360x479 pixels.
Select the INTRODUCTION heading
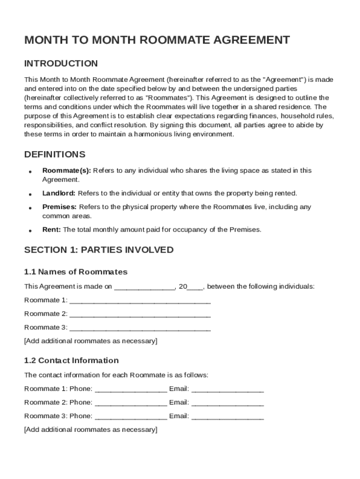pyautogui.click(x=61, y=64)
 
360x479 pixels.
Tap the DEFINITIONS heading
pyautogui.click(x=55, y=154)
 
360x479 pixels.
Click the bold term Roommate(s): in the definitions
pyautogui.click(x=66, y=171)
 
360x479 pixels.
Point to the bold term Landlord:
pyautogui.click(x=59, y=193)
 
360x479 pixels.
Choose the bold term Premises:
pyautogui.click(x=59, y=207)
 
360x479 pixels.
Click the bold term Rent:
pyautogui.click(x=51, y=230)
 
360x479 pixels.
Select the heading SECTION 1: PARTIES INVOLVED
pyautogui.click(x=99, y=250)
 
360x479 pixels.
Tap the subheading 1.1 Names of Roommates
pyautogui.click(x=76, y=272)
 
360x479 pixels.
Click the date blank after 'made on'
pyautogui.click(x=144, y=287)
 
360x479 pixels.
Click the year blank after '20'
pyautogui.click(x=195, y=287)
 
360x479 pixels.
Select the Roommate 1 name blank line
pyautogui.click(x=140, y=300)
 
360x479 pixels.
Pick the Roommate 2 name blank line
pyautogui.click(x=140, y=314)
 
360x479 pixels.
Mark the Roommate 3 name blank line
pyautogui.click(x=140, y=327)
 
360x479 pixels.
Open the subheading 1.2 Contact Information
pyautogui.click(x=71, y=360)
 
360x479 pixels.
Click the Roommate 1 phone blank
pyautogui.click(x=130, y=389)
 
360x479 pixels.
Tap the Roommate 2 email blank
pyautogui.click(x=228, y=402)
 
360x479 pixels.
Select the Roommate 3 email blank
pyautogui.click(x=228, y=416)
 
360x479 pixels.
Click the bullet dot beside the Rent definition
pyautogui.click(x=29, y=231)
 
